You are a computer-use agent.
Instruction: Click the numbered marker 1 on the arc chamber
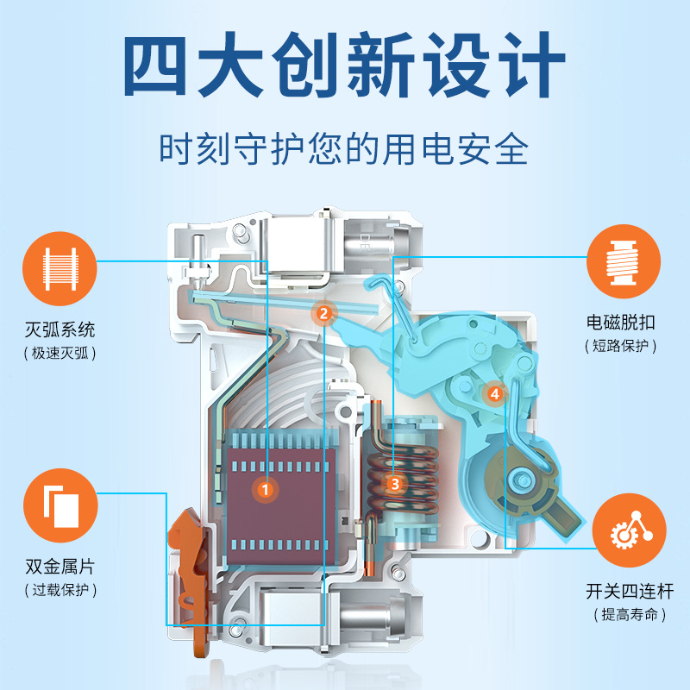point(265,489)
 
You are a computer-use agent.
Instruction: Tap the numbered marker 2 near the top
point(323,313)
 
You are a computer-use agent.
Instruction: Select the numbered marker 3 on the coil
point(395,484)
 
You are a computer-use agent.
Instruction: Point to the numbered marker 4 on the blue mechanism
point(494,393)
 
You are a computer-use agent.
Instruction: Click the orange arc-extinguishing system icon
point(60,260)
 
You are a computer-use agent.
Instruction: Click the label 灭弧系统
point(60,329)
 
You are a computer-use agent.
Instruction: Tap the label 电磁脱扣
point(623,323)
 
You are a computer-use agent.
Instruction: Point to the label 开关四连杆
point(630,593)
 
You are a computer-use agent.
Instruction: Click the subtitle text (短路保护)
point(623,346)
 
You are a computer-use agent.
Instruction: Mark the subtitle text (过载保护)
point(60,591)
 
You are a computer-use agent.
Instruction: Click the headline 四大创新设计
point(345,66)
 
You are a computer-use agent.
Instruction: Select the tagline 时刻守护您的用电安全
point(345,147)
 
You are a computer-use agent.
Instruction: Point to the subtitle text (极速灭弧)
point(60,353)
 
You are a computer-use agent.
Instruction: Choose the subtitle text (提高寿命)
point(630,615)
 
